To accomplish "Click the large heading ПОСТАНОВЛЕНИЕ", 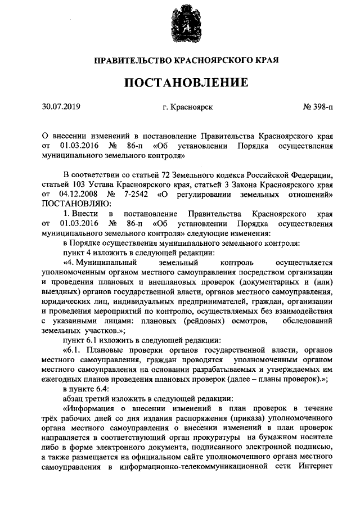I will tap(186, 83).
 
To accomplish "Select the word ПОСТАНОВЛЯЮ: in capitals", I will tap(73, 203).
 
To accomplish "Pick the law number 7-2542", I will tap(141, 194).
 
